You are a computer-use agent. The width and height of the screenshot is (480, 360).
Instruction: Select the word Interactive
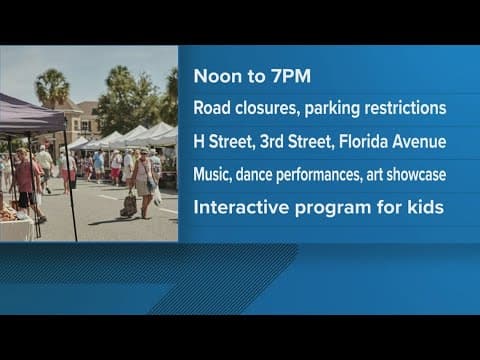[x=235, y=208]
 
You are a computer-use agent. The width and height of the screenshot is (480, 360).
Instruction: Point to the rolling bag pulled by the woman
[x=129, y=204]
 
